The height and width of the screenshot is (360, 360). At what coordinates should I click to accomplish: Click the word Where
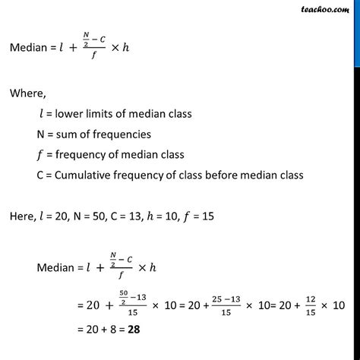pyautogui.click(x=27, y=96)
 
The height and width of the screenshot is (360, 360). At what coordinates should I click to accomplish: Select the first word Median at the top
pyautogui.click(x=30, y=53)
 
